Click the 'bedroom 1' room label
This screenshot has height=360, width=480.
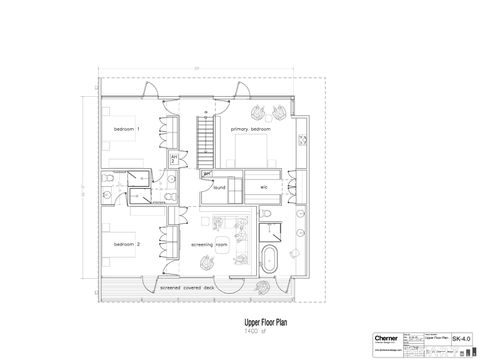126,130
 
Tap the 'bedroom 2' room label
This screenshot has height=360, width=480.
126,244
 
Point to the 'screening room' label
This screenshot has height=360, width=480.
209,244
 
